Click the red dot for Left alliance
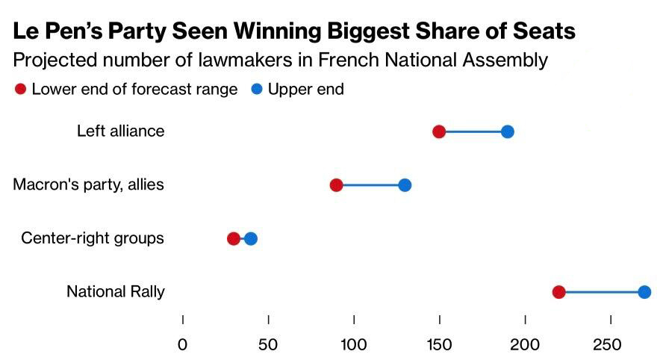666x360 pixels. point(439,131)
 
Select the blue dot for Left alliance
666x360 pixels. point(507,131)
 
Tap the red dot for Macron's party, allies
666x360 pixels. point(336,185)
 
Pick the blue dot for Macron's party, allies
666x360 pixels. point(405,185)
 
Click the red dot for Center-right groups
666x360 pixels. point(234,239)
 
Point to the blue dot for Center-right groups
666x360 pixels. point(251,239)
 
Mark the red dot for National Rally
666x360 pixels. point(559,292)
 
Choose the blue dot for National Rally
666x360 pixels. point(644,292)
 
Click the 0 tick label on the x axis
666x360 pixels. point(183,345)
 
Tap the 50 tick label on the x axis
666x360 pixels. point(268,345)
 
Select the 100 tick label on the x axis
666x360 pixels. point(354,345)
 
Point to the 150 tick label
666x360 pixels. point(439,345)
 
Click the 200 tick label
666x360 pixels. point(525,345)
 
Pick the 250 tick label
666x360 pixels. point(607,345)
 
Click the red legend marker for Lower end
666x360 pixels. point(20,90)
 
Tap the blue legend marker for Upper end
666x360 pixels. point(257,90)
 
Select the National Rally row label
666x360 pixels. point(116,291)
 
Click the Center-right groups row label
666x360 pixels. point(92,238)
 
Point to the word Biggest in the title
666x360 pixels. point(368,31)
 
